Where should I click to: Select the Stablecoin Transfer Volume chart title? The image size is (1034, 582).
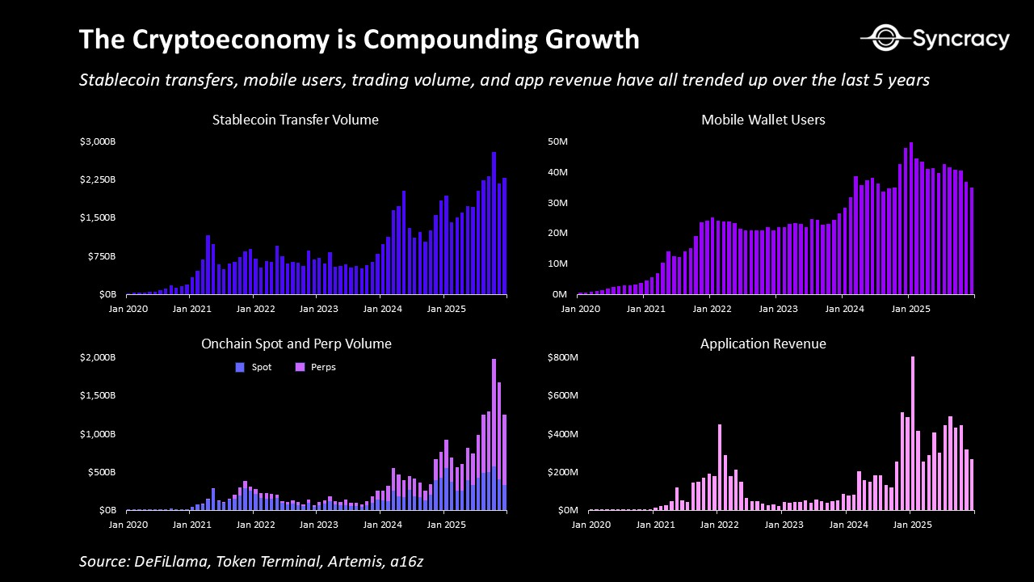point(295,120)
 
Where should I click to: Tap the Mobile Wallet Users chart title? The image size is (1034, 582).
point(763,120)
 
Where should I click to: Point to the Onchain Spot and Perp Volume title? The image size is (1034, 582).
point(296,344)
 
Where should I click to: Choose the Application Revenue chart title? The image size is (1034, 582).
point(763,344)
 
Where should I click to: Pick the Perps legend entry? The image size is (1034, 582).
point(315,367)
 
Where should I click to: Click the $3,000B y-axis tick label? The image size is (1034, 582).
point(101,142)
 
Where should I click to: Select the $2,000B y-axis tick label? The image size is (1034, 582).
point(101,358)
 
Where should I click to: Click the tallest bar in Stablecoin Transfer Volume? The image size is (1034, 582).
point(494,222)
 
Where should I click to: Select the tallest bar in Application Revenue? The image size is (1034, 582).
point(913,433)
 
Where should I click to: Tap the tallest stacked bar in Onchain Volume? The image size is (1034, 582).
point(494,434)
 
